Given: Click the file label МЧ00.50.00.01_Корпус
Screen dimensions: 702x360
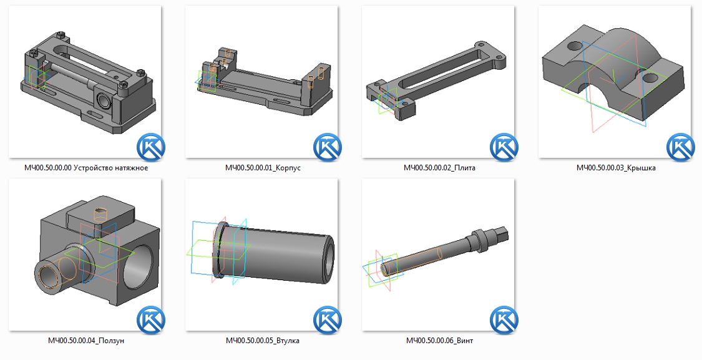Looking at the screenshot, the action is [263, 168].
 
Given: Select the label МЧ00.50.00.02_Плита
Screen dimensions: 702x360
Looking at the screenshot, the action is [439, 168].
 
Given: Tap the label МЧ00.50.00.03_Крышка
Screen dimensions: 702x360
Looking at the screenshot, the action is [616, 168].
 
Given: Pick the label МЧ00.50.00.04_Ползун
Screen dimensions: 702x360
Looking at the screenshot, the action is [86, 341].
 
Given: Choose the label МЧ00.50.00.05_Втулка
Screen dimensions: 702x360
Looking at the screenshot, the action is [262, 341].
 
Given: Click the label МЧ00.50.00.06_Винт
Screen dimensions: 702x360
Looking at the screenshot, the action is [439, 341].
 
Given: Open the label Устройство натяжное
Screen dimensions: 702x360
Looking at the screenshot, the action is [110, 168].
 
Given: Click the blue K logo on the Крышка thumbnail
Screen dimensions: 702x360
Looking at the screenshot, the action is [681, 147].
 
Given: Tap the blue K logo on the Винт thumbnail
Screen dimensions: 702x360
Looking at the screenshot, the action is [504, 320].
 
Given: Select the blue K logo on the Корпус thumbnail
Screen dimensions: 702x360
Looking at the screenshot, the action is [328, 147].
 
